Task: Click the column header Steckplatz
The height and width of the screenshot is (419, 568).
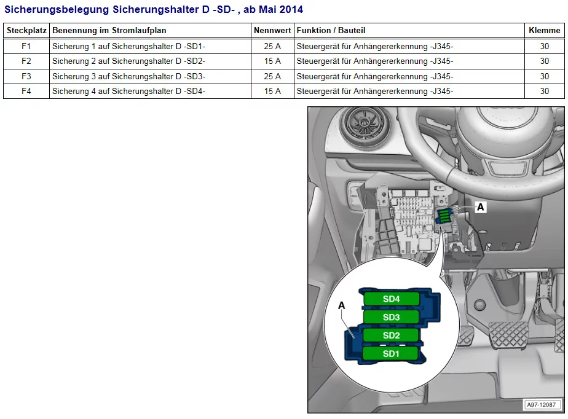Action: (x=26, y=30)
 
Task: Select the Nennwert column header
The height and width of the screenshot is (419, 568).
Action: (x=272, y=30)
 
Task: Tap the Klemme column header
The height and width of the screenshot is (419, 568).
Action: (x=544, y=30)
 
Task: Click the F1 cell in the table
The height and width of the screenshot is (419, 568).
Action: (x=26, y=46)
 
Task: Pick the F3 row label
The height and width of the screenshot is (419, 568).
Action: (x=26, y=76)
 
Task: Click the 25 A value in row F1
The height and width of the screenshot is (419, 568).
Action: (x=272, y=46)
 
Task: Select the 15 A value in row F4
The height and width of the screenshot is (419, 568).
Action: (x=272, y=91)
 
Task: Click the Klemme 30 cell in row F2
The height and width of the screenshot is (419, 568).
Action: (x=544, y=61)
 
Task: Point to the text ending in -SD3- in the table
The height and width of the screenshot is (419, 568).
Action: (x=128, y=76)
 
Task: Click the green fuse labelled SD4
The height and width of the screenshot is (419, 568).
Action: (x=392, y=299)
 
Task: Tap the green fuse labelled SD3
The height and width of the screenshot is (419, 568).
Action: (x=392, y=317)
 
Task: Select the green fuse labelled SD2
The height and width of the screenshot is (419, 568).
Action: (x=392, y=335)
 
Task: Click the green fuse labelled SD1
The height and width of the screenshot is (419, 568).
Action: (x=392, y=354)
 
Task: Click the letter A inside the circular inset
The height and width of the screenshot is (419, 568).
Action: (x=342, y=305)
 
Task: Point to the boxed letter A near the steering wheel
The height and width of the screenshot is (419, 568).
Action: (x=481, y=208)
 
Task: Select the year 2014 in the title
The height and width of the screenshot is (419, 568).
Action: (x=290, y=9)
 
